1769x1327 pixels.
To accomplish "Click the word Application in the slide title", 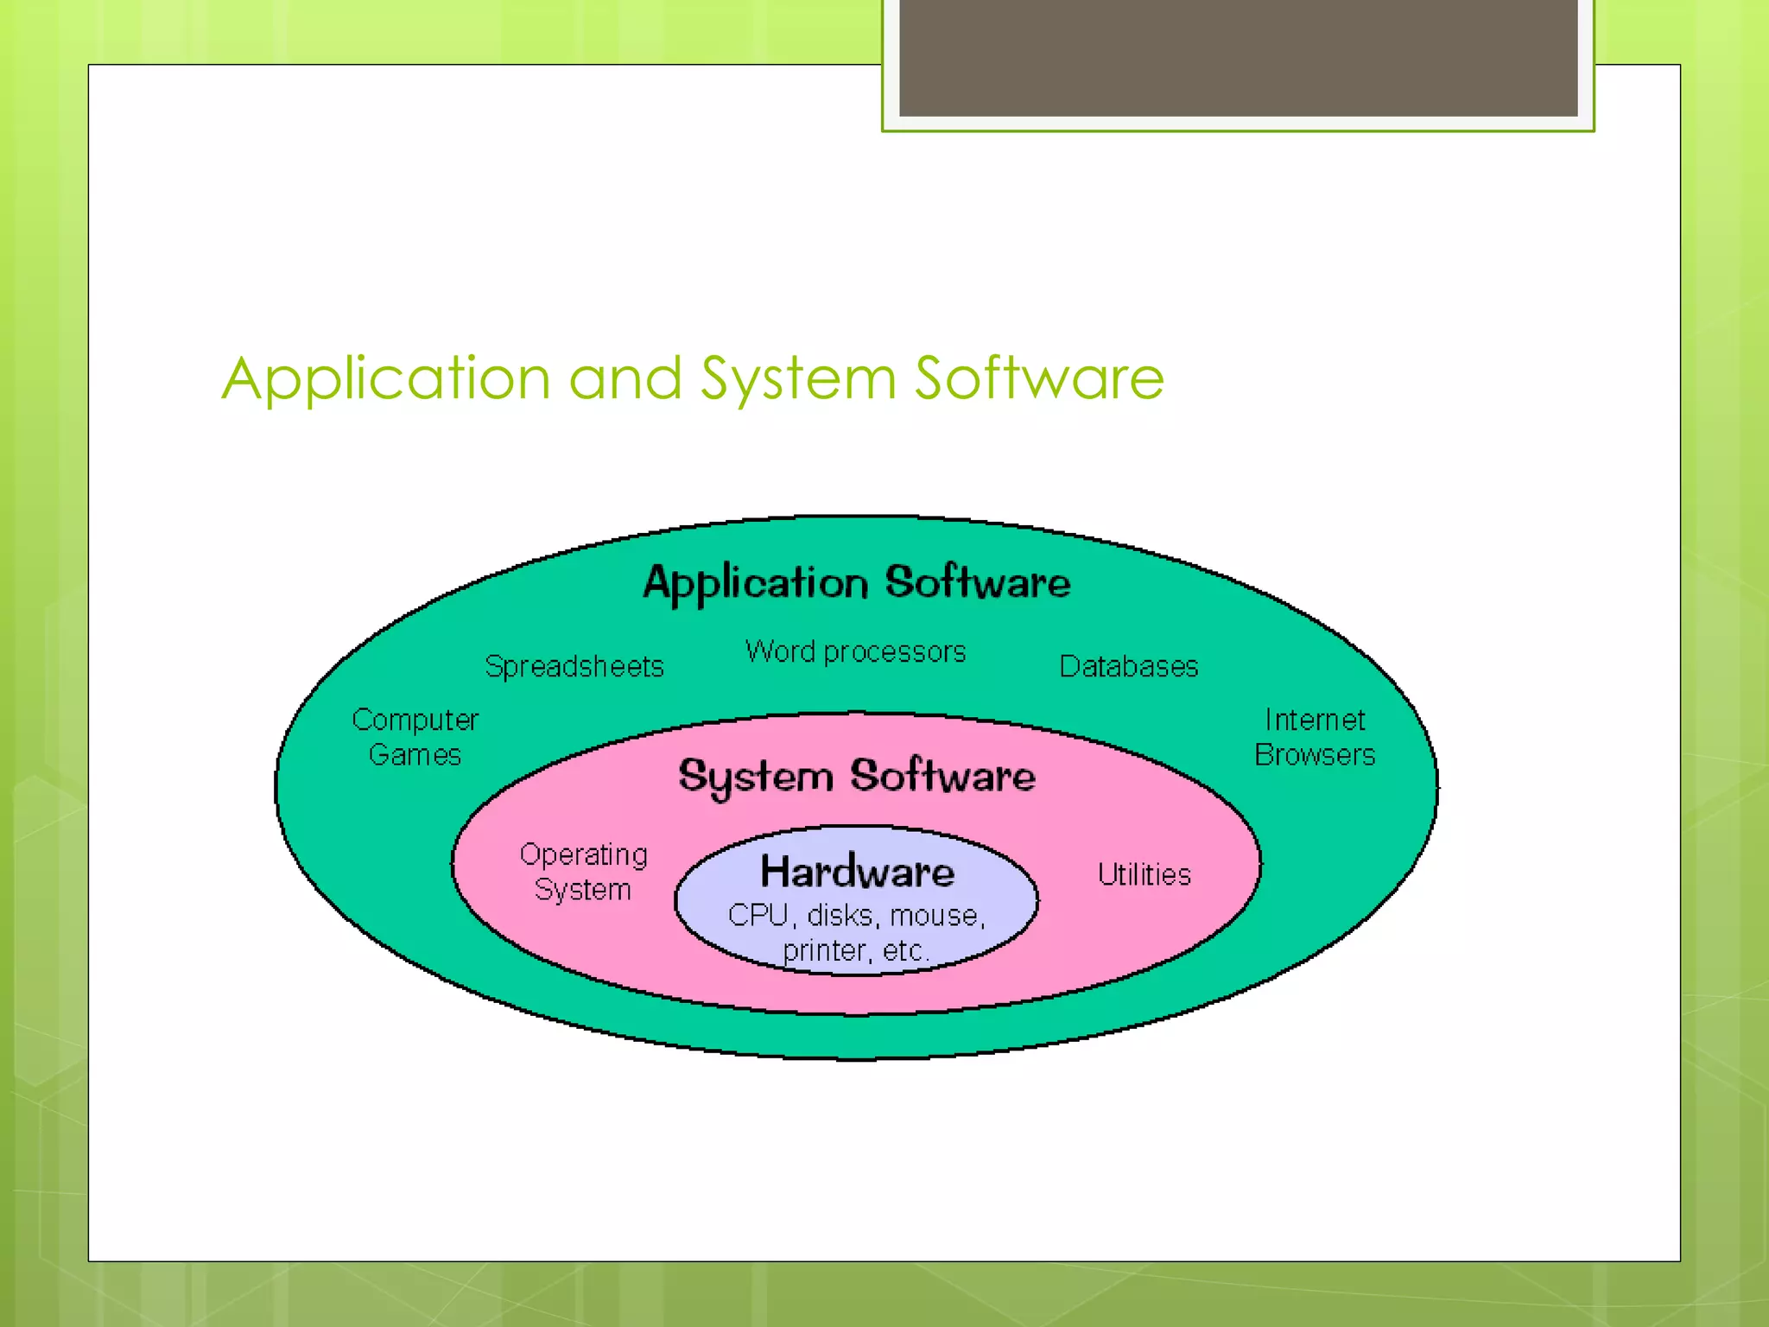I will pos(386,379).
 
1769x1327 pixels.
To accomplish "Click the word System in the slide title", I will pos(798,379).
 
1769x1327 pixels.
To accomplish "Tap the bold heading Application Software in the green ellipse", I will pos(856,582).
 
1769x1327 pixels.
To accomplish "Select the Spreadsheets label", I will pos(574,667).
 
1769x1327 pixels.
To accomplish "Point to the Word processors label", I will pos(855,651).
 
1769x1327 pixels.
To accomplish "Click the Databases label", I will pos(1128,667).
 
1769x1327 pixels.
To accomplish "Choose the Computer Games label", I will pos(415,737).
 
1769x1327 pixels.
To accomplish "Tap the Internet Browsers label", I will pos(1314,737).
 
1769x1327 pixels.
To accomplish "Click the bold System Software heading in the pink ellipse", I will pos(856,776).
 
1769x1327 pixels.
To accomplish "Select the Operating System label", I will pos(583,872).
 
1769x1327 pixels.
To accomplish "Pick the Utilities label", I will pos(1144,874).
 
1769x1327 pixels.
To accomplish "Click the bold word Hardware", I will pos(857,871).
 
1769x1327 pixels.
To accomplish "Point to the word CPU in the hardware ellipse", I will pos(758,915).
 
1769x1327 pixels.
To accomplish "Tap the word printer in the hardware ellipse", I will pos(824,950).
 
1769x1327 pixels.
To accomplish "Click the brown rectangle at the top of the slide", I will pos(1238,57).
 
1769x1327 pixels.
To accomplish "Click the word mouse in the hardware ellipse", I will pos(935,915).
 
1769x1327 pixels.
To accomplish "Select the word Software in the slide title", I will pos(1039,379).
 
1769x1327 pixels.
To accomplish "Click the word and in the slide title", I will pos(625,379).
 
